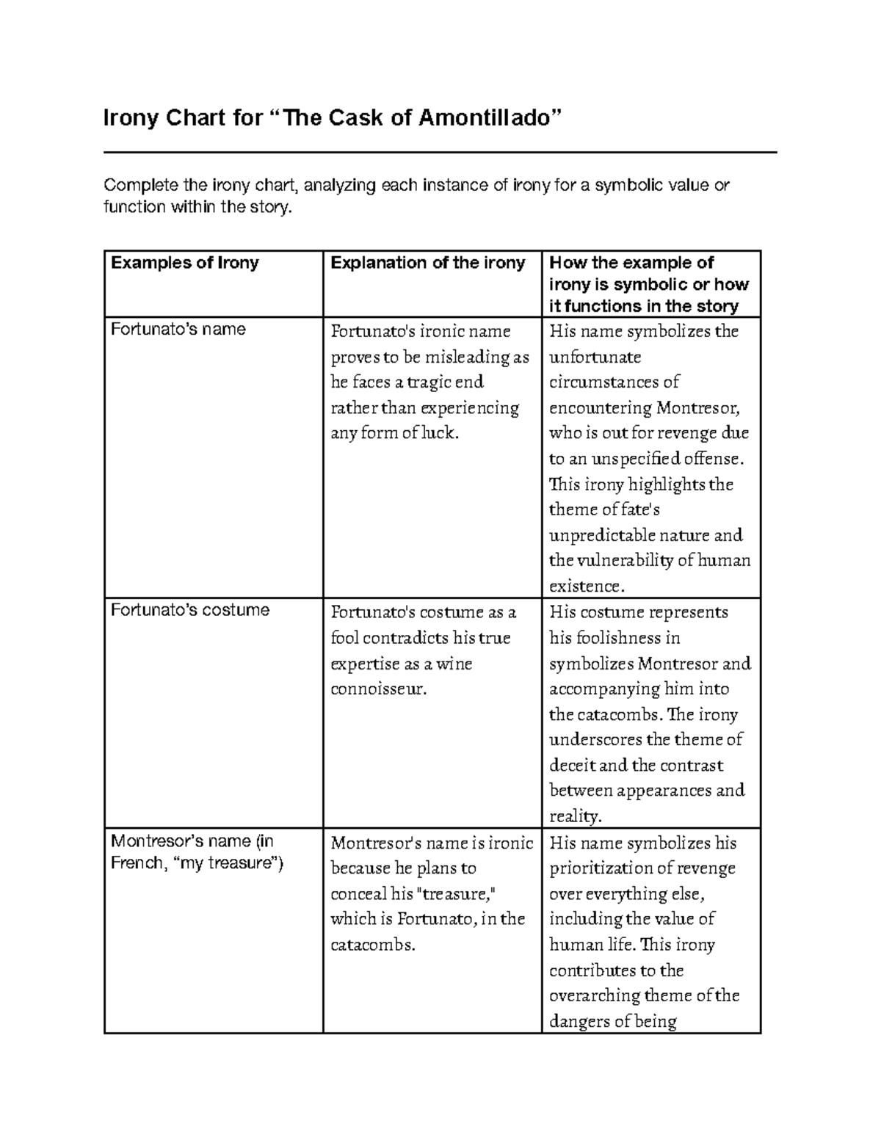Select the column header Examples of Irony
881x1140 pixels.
click(x=184, y=263)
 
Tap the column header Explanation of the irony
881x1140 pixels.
click(x=428, y=263)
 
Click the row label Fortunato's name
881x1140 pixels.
click(x=178, y=329)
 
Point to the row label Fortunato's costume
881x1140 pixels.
click(x=189, y=610)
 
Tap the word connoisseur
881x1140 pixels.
click(x=378, y=689)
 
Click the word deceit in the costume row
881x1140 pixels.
click(x=571, y=766)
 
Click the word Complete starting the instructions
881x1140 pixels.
click(x=137, y=185)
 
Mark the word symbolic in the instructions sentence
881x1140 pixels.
click(x=628, y=185)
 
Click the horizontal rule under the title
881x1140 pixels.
click(x=440, y=153)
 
